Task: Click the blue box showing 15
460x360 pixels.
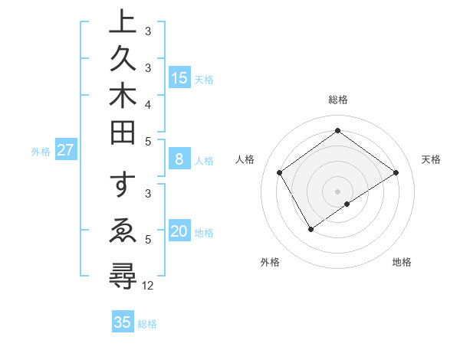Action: click(179, 77)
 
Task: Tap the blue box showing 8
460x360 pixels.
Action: click(179, 159)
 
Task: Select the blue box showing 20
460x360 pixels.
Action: click(179, 232)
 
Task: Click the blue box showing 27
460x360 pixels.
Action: click(65, 150)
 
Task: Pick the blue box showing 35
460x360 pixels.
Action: click(123, 322)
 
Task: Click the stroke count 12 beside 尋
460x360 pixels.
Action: click(148, 286)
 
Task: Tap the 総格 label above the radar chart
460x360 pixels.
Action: click(337, 100)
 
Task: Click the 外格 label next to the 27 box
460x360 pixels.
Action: click(41, 152)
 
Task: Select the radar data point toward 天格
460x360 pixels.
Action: click(396, 172)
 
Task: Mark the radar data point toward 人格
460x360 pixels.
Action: click(279, 172)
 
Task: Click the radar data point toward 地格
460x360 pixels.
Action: click(347, 204)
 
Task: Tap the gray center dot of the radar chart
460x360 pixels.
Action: click(337, 191)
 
